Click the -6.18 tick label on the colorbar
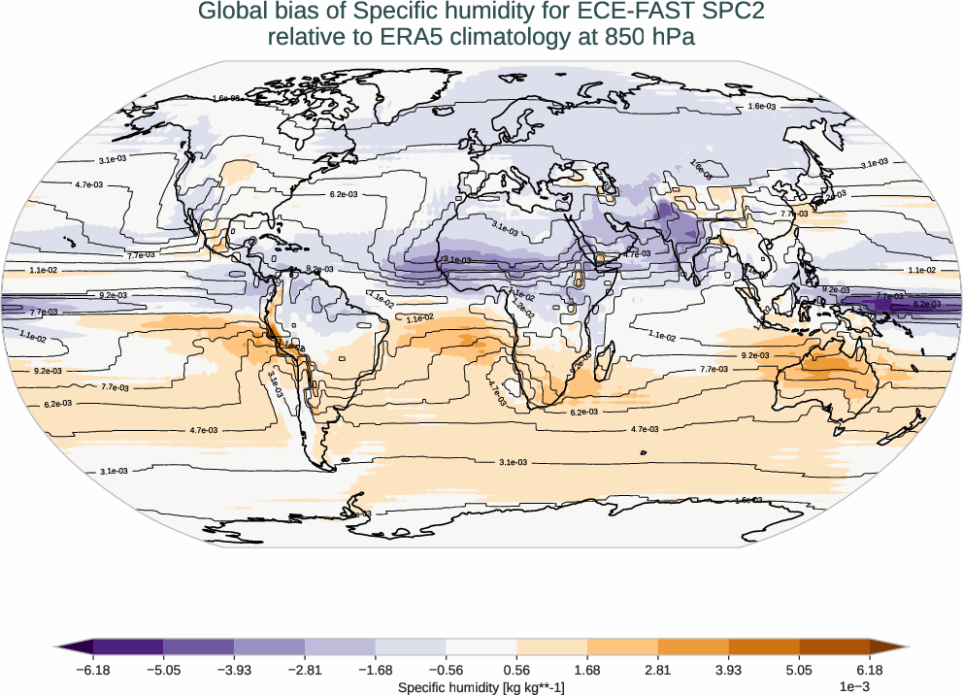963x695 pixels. [93, 670]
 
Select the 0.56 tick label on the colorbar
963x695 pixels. [516, 670]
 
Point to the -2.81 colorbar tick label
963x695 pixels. [305, 670]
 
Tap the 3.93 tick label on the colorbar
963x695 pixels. [728, 670]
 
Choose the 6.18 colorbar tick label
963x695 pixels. [869, 670]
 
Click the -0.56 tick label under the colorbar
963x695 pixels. [446, 670]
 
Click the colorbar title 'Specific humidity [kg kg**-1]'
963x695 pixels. [481, 687]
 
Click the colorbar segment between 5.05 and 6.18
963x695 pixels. [834, 646]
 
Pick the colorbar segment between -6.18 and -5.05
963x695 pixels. [128, 646]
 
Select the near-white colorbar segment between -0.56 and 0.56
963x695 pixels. [481, 646]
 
